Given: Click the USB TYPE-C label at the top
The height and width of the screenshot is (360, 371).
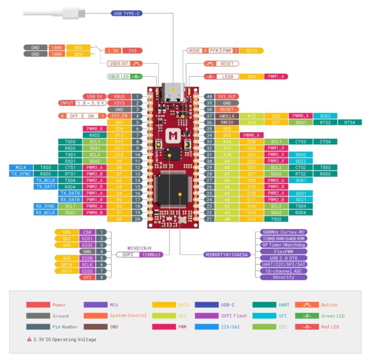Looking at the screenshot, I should (x=126, y=13).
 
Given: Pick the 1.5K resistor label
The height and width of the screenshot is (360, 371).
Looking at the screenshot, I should (x=112, y=51).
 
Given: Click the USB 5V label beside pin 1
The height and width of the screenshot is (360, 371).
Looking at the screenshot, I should (x=95, y=96).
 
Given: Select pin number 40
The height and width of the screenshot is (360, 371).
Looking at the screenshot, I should (x=209, y=96).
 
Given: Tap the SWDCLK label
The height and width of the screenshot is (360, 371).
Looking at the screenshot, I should (x=227, y=116).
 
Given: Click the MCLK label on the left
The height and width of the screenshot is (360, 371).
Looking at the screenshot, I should (x=21, y=167).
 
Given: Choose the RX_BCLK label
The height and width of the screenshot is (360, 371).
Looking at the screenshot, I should (x=46, y=212).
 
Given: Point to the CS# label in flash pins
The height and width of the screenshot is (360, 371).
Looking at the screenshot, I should (x=86, y=233).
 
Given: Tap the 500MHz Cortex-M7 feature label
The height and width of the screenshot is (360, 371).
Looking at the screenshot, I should (x=283, y=233).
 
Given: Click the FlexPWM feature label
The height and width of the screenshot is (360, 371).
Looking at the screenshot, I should (x=283, y=251).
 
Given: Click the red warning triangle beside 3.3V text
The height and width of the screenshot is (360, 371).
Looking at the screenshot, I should (x=29, y=339).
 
